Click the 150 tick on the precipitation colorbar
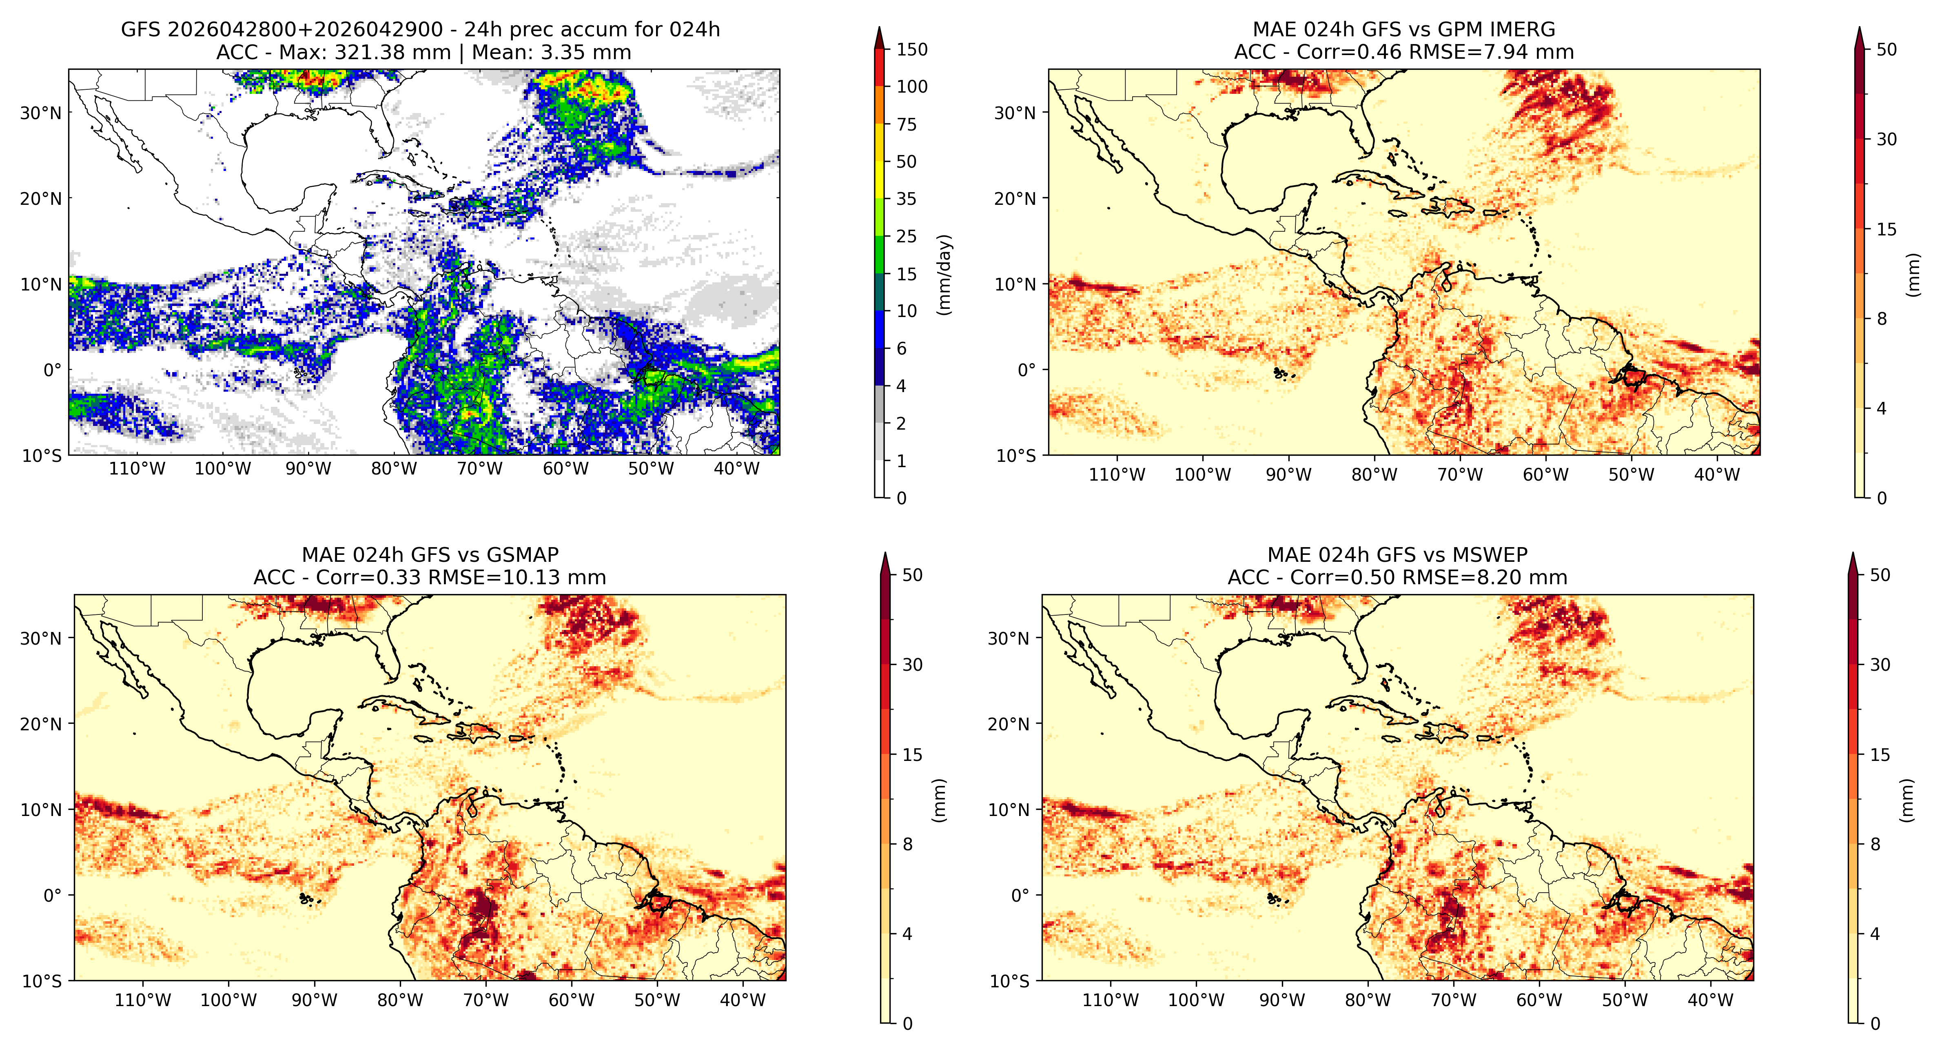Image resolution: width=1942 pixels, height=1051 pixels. coord(911,50)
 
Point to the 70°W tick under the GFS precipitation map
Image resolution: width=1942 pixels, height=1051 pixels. coord(479,469)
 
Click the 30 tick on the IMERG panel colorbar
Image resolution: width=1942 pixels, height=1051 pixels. coord(1886,140)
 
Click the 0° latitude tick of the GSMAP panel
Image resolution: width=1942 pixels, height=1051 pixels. coord(53,896)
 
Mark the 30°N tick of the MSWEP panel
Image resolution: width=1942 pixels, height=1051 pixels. coord(1009,639)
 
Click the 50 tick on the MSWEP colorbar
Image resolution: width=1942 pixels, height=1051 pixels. coord(1880,575)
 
